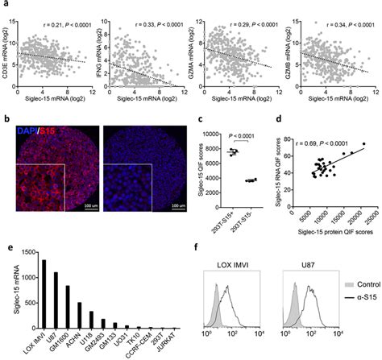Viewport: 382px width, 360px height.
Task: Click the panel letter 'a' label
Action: pyautogui.click(x=6, y=6)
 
